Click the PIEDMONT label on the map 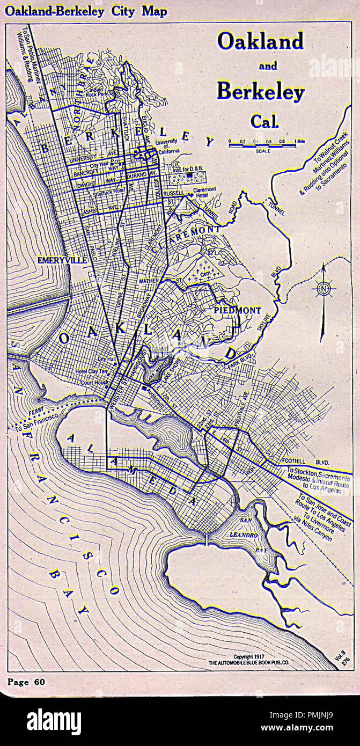pos(237,310)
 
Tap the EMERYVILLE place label pos(62,260)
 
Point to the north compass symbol pos(324,288)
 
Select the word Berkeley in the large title pos(260,92)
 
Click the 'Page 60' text pos(26,682)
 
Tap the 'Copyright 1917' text pos(249,657)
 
